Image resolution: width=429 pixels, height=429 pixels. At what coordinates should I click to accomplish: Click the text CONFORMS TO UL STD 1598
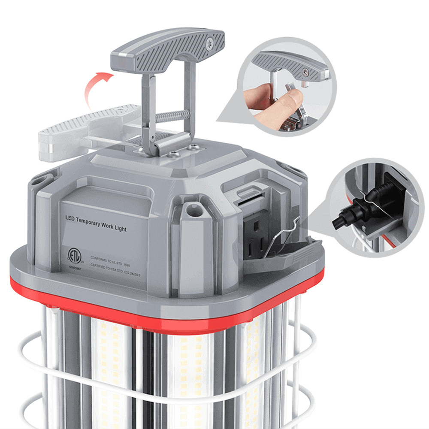114,258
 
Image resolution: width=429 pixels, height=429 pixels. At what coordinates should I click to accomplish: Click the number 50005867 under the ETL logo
75,267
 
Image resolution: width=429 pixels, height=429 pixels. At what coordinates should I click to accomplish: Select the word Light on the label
120,228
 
